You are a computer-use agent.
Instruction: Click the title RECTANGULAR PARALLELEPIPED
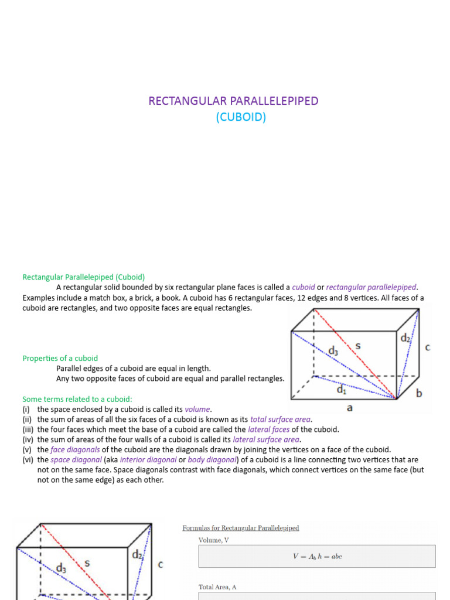point(233,101)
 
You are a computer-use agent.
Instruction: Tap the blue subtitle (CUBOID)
point(241,117)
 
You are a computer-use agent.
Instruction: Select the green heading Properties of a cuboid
point(60,358)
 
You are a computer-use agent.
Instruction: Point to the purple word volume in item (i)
point(198,409)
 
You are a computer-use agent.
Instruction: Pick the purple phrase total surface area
point(281,419)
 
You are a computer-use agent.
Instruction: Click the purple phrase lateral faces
point(268,429)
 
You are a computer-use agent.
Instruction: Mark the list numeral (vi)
point(28,459)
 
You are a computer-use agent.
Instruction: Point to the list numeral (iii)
point(28,429)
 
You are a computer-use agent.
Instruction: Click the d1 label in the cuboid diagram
point(340,388)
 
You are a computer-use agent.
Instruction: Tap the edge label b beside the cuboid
point(419,393)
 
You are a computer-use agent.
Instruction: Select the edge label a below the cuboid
point(350,408)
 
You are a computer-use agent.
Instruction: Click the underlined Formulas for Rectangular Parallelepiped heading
point(241,528)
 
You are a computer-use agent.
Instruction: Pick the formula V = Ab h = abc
point(317,557)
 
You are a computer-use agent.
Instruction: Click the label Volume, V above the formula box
point(214,540)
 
